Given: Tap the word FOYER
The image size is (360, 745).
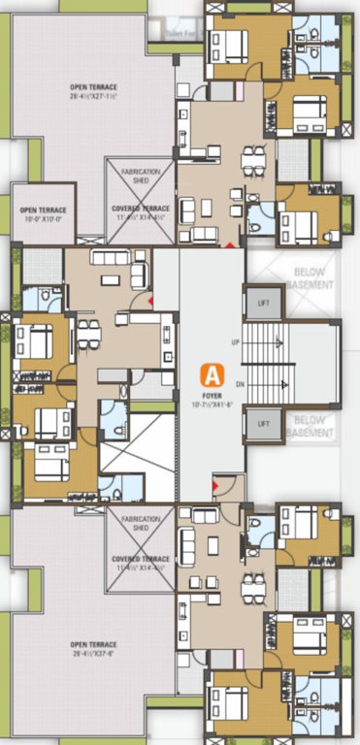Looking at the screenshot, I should pyautogui.click(x=209, y=394).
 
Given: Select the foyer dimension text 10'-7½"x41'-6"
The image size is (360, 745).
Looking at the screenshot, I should pyautogui.click(x=209, y=403).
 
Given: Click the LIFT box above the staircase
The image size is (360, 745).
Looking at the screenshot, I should pyautogui.click(x=259, y=303).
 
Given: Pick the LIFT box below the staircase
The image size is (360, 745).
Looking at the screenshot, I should pyautogui.click(x=259, y=424).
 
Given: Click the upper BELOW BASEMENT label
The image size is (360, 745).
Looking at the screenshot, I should pyautogui.click(x=311, y=279).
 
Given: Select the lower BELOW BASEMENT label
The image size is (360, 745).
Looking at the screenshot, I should pyautogui.click(x=311, y=424).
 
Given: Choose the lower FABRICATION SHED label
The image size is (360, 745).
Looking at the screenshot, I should pyautogui.click(x=141, y=523).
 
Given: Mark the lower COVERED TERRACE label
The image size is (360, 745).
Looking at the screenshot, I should pyautogui.click(x=141, y=560).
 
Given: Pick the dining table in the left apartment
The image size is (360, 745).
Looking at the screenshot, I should pyautogui.click(x=88, y=333).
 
